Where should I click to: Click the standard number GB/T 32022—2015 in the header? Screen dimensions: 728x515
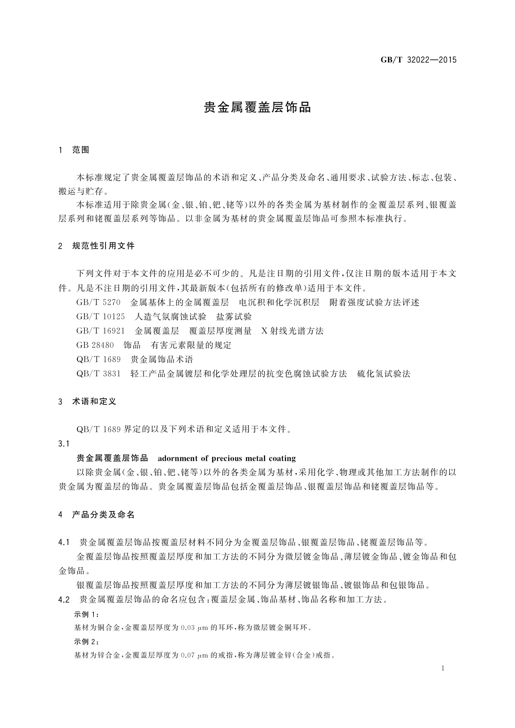point(418,60)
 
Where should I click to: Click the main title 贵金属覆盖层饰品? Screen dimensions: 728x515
point(257,108)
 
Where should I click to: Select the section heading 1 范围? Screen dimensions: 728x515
point(74,150)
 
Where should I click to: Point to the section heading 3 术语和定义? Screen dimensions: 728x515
point(87,402)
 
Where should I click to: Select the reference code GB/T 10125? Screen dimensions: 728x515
point(101,317)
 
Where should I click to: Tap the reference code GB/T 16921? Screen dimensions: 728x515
point(101,331)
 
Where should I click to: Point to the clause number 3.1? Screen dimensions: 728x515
point(64,444)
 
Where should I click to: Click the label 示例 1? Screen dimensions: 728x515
point(87,614)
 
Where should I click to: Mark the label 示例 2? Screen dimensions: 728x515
point(87,642)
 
